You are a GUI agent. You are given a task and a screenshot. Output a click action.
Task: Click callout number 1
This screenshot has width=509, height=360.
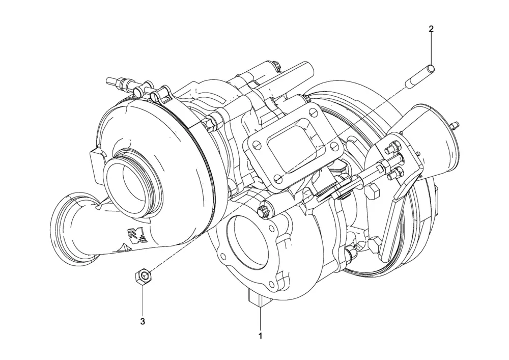point(260,336)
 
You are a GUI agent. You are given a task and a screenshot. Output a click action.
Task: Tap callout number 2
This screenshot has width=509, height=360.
point(431,29)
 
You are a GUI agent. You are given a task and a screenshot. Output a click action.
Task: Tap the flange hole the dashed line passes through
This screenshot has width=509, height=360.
point(278,179)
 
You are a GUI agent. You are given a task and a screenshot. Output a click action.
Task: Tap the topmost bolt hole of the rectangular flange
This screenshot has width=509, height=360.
point(313,113)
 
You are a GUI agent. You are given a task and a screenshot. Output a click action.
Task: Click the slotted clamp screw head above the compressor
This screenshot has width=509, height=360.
point(156,96)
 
